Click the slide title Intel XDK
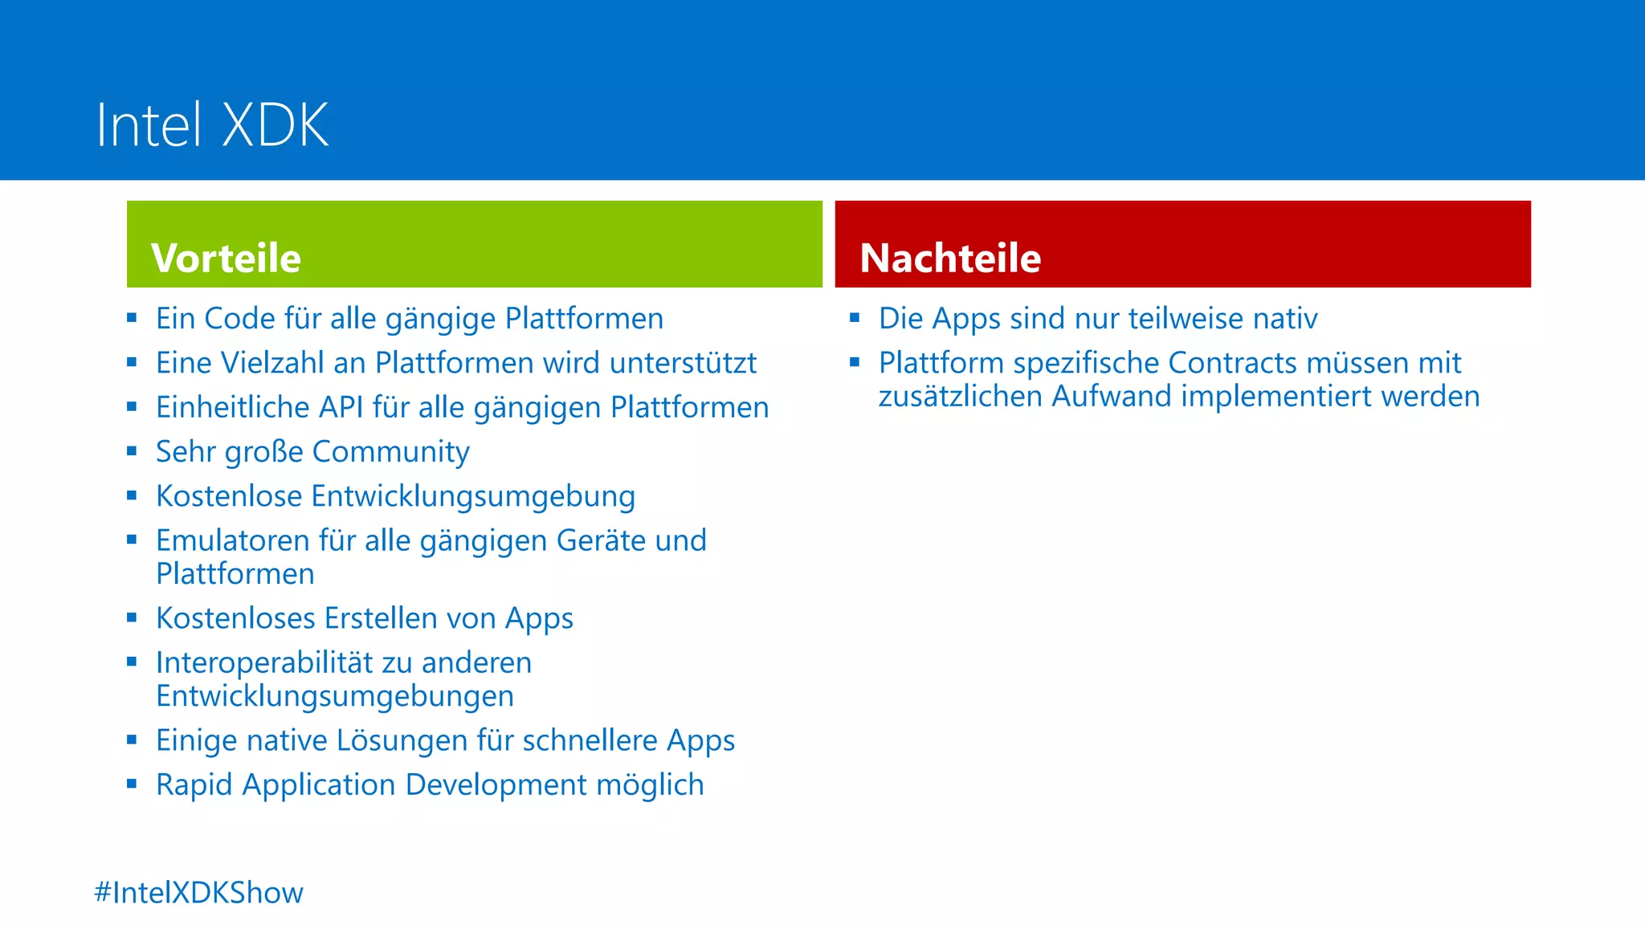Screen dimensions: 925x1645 click(x=212, y=125)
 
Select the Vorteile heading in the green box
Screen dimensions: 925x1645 click(x=226, y=259)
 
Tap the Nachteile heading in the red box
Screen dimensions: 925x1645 click(x=950, y=259)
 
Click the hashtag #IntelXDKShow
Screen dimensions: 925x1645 click(x=198, y=893)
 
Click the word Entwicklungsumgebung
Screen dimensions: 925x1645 click(x=473, y=497)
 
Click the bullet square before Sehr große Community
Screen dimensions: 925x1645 click(x=133, y=451)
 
